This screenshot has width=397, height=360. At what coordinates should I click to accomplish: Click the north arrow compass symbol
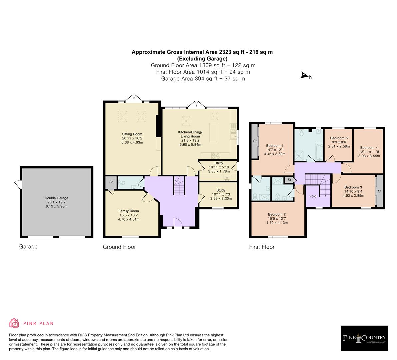(304, 76)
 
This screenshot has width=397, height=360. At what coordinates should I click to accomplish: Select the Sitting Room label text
(123, 134)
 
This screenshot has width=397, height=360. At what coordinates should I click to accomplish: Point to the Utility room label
(219, 163)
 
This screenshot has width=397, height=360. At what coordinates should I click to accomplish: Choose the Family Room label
(128, 211)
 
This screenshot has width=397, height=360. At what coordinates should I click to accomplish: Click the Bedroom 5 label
(339, 138)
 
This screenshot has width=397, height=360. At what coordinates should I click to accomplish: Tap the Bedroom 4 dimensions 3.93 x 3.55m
(369, 156)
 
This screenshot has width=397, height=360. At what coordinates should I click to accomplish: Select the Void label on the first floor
(313, 196)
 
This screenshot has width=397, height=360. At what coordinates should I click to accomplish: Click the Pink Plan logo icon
(14, 323)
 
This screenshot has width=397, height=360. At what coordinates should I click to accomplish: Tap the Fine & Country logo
(364, 338)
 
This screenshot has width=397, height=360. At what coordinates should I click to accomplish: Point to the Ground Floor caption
(119, 247)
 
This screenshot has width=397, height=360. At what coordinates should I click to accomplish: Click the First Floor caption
(262, 247)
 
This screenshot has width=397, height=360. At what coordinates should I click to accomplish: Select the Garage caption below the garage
(28, 247)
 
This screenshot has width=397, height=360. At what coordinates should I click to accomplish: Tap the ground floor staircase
(179, 187)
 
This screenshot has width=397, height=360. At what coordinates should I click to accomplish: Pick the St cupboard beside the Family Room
(111, 182)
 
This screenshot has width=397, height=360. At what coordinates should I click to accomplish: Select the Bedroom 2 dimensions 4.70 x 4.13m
(277, 222)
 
